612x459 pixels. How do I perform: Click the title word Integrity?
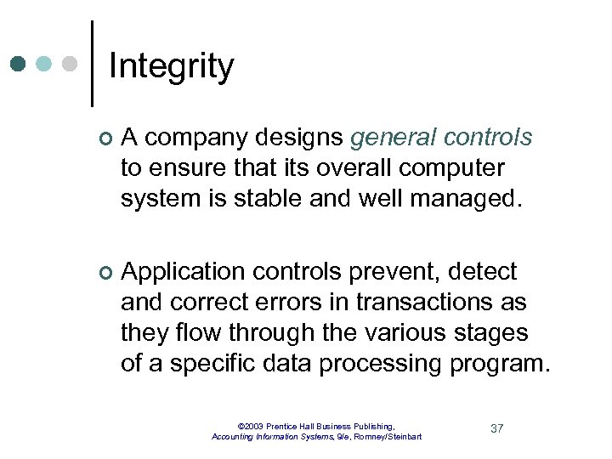click(x=171, y=66)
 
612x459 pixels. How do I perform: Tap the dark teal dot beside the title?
click(x=19, y=64)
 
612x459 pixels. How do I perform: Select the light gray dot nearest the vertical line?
click(x=71, y=64)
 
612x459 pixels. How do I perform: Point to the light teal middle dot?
click(x=45, y=64)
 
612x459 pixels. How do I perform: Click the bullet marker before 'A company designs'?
click(x=105, y=139)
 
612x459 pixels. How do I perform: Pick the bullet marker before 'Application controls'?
click(x=105, y=273)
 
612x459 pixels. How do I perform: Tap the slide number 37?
click(x=497, y=428)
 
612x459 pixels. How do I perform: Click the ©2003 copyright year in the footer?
click(x=252, y=426)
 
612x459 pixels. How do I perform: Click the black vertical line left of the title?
click(x=91, y=64)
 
